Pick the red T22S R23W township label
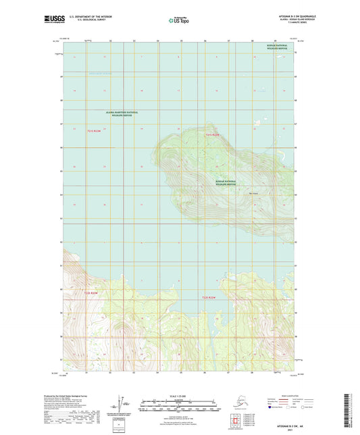pos(91,292)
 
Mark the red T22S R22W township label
pos(209,297)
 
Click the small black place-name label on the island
pos(253,193)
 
